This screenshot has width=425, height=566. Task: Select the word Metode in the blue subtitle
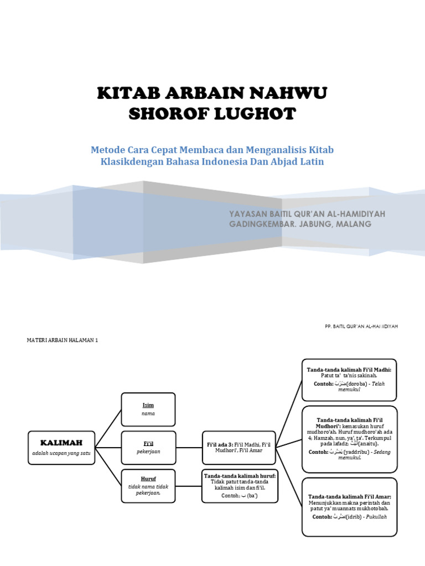click(108, 150)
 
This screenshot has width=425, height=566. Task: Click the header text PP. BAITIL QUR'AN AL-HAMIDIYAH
click(361, 326)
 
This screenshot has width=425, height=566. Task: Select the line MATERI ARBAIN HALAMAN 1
click(62, 340)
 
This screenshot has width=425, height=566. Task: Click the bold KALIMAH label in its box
click(61, 443)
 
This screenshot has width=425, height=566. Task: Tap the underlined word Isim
click(148, 405)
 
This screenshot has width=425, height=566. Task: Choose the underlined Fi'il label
click(148, 443)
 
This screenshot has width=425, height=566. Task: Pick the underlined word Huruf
click(148, 479)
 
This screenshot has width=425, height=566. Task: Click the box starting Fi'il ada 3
click(239, 447)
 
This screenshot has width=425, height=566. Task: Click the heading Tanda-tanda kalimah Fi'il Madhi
click(349, 369)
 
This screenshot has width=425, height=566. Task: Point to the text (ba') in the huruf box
click(248, 496)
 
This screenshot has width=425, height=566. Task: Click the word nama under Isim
click(148, 413)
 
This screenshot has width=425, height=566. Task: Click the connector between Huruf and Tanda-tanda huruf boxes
click(188, 486)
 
